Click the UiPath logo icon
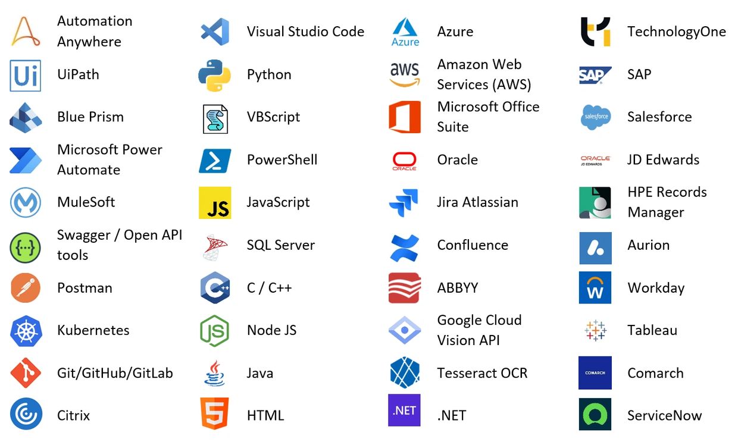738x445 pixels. coord(26,76)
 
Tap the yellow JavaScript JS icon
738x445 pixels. coord(215,203)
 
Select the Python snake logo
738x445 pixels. coord(214,76)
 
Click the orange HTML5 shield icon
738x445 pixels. coord(214,413)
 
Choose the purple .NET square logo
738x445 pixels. coord(404,410)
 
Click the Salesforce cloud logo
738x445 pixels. coord(596,117)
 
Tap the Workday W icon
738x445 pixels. coord(595,287)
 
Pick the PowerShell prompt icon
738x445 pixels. coord(215,161)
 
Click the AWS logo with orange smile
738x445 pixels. coord(405,74)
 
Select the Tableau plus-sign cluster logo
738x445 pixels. coord(595,330)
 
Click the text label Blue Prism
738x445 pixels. coord(90,117)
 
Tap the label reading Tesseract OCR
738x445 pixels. coord(482,373)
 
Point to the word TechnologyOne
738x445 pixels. coord(677,32)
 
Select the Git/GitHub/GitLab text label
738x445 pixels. coord(115,373)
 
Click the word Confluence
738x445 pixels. coord(473,245)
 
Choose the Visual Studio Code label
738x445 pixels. coord(306,32)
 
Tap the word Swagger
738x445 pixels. coord(84,236)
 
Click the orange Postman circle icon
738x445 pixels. coord(26,288)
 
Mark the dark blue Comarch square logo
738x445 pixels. coord(595,373)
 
